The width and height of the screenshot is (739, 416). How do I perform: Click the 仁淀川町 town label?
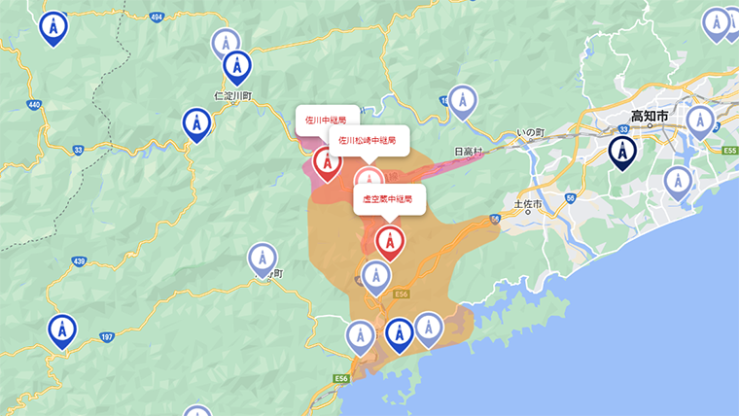[x=232, y=96]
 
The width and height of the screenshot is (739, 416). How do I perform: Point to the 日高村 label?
[x=469, y=152]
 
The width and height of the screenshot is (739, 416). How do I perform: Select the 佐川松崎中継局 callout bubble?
[x=368, y=140]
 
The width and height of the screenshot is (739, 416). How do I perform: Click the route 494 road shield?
[x=158, y=17]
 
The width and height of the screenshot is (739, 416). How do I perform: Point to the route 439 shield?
[x=79, y=261]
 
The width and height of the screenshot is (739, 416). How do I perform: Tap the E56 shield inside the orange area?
[x=401, y=291]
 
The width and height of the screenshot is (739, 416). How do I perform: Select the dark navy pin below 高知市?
[x=622, y=152]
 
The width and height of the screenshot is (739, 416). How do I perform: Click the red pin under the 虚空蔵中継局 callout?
[x=390, y=242]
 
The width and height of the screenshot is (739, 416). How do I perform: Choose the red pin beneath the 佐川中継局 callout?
[x=327, y=162]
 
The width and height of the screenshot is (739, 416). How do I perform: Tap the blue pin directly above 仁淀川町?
[x=236, y=66]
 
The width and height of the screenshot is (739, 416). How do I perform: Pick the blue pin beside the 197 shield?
[x=63, y=329]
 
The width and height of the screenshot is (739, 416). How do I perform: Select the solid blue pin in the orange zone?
[x=399, y=333]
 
